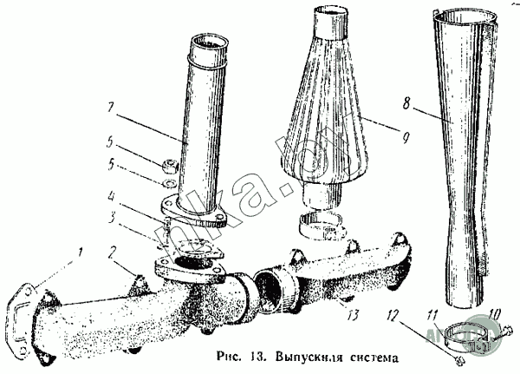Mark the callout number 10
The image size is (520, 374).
coord(496,312)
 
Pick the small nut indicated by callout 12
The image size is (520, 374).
coord(458,356)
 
